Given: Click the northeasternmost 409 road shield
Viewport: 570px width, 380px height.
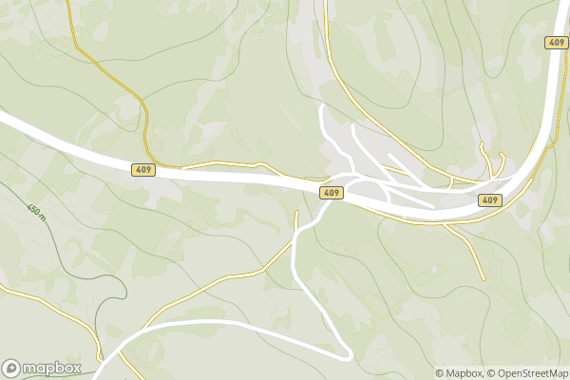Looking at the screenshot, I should point(556,43).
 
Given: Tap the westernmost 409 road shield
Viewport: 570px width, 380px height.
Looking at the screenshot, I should point(142,168).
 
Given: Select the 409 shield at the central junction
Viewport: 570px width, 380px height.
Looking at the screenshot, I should point(331,193).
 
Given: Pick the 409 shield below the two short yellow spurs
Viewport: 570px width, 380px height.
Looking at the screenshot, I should point(489,200).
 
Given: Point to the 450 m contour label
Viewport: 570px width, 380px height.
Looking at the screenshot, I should point(35,210).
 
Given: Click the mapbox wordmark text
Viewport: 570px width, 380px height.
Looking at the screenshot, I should point(52,368).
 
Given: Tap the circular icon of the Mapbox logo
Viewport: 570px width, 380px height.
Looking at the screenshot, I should point(11,368).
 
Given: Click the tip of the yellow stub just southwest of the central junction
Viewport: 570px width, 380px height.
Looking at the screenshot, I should point(297,213).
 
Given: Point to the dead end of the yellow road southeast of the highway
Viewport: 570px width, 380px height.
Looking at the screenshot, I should point(483,277).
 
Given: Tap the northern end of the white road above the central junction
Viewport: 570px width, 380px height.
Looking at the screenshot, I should point(322,107).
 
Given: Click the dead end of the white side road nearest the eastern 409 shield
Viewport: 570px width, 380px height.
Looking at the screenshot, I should point(432,206).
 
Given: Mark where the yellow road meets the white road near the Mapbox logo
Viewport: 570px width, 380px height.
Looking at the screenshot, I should point(124,348).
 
